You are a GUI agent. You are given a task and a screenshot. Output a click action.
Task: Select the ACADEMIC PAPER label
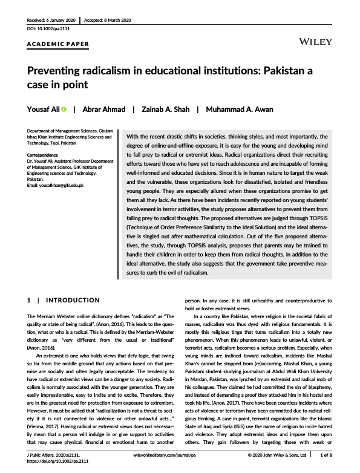(x=59, y=44)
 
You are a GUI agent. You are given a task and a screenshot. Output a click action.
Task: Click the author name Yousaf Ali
(x=45, y=109)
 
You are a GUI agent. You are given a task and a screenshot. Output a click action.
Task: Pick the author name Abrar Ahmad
(x=104, y=109)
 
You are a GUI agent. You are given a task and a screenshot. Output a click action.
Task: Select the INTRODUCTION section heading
(x=73, y=300)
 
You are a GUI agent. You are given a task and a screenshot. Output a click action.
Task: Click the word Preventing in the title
(x=57, y=71)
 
